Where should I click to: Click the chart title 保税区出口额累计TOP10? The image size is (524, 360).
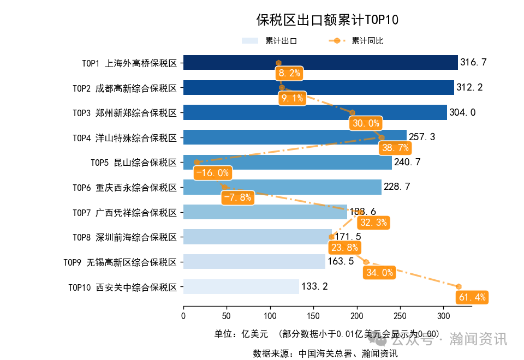(x=327, y=20)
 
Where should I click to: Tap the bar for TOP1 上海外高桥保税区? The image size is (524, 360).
(x=320, y=63)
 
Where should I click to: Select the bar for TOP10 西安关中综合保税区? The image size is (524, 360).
(x=241, y=286)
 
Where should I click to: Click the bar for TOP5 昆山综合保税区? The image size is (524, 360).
(x=287, y=163)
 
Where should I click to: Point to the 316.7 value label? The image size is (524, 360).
(x=473, y=63)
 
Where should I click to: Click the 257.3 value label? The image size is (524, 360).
(x=422, y=137)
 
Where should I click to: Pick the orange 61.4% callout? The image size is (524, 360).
(x=472, y=297)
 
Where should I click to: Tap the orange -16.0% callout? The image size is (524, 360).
(x=212, y=173)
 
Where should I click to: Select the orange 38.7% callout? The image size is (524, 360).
(x=396, y=148)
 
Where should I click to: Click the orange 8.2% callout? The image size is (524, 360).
(x=289, y=74)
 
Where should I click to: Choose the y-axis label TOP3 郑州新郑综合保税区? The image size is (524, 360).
(x=125, y=113)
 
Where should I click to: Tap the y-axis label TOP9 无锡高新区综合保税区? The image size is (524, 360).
(x=120, y=262)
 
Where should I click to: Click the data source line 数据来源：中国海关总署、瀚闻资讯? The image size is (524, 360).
(x=325, y=353)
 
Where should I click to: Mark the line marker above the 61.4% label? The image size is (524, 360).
(x=459, y=286)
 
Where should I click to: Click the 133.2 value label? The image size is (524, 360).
(x=314, y=286)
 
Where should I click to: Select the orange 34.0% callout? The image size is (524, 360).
(x=380, y=273)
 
